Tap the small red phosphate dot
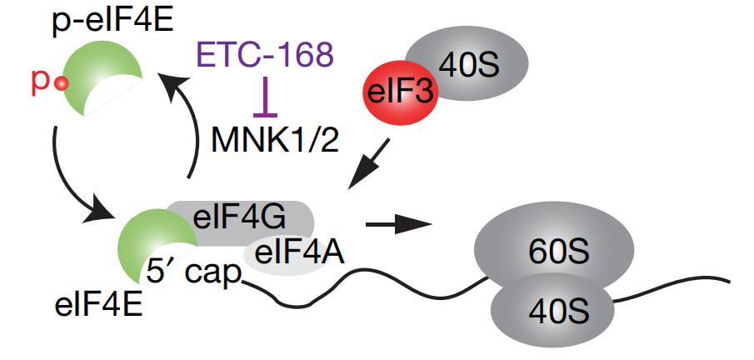[x=61, y=85]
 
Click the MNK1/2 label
[x=276, y=141]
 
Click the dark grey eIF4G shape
[x=241, y=222]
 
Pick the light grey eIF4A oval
[x=288, y=257]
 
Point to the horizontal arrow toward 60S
[x=398, y=224]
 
